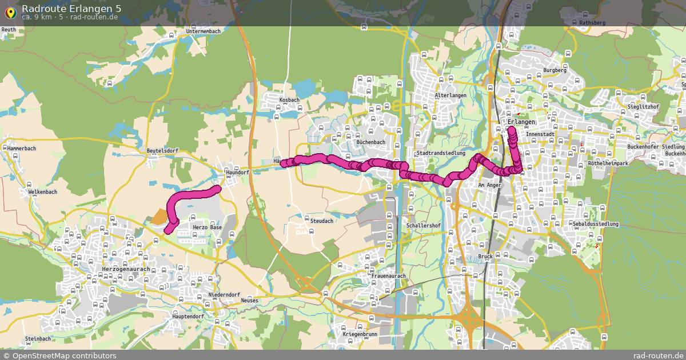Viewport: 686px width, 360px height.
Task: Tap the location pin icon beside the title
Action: click(x=10, y=11)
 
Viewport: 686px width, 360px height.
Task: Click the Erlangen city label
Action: click(x=521, y=123)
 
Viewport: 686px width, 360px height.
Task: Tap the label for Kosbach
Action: click(x=289, y=100)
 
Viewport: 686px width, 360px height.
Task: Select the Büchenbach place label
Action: click(x=370, y=142)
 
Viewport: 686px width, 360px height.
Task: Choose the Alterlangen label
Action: click(x=450, y=95)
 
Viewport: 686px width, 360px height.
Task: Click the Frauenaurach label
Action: click(x=388, y=276)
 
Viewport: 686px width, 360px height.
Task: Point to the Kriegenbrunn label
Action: click(x=360, y=334)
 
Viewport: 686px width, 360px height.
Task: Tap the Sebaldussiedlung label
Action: click(x=597, y=225)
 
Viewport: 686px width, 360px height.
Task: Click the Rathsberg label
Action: click(x=592, y=23)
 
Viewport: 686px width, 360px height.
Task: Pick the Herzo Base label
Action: click(x=207, y=227)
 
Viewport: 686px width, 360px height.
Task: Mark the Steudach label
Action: click(x=321, y=221)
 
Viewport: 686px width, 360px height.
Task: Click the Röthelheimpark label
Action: click(x=608, y=163)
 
